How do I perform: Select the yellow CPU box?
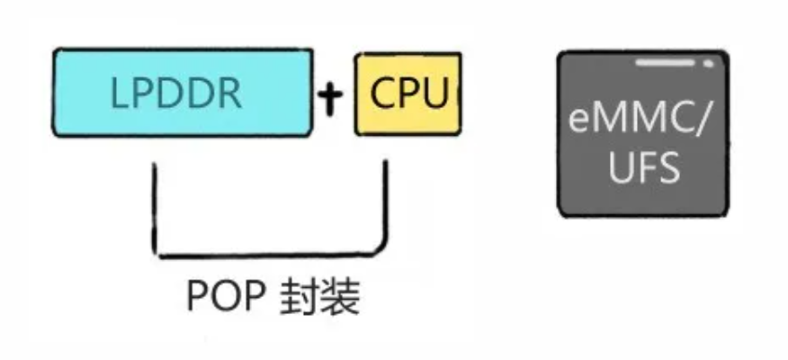(409, 94)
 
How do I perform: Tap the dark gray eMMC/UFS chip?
(642, 134)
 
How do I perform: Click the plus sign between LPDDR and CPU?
(332, 96)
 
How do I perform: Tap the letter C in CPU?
(378, 94)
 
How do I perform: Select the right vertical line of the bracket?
(387, 202)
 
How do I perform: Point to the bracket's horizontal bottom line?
(270, 253)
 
